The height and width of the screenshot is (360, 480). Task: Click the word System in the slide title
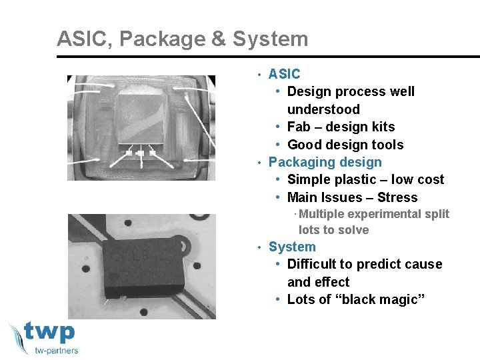[271, 39]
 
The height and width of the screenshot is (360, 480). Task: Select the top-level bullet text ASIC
[284, 74]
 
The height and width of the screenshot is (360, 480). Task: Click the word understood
[323, 109]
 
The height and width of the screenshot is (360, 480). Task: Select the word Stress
[397, 197]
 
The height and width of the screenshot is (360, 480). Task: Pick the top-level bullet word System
[292, 247]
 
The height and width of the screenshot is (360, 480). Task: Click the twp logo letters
[50, 333]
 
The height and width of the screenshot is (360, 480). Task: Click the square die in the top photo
[139, 116]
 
